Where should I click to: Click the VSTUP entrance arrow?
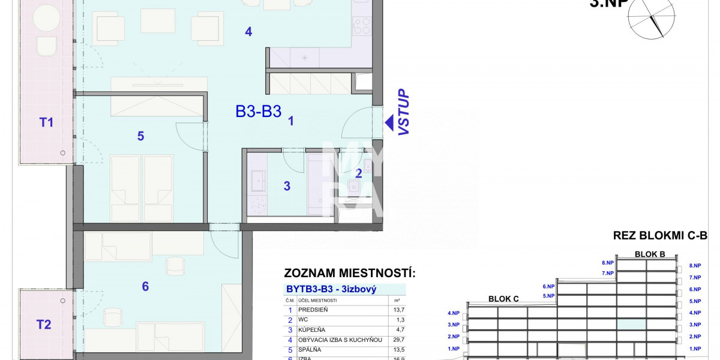(x=389, y=124)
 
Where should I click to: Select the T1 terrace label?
(x=46, y=122)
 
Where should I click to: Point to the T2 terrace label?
(x=44, y=325)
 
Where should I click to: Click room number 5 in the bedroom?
(x=140, y=136)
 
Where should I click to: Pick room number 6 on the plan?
(x=145, y=286)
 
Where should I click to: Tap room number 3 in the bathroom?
(x=287, y=186)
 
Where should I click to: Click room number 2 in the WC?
(x=358, y=174)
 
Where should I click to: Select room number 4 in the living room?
(x=248, y=32)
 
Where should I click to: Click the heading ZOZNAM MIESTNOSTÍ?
(x=349, y=274)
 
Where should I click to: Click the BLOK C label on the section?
(x=503, y=298)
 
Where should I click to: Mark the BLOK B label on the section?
(x=650, y=254)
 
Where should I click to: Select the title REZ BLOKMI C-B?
(x=660, y=236)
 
